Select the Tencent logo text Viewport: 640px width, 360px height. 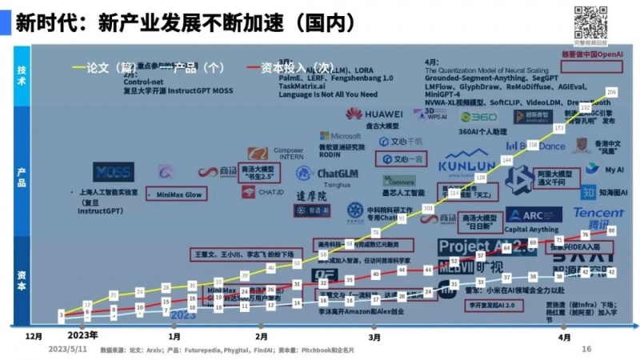(x=598, y=214)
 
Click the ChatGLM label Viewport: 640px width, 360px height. (x=337, y=173)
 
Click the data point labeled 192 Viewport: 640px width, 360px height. (x=585, y=107)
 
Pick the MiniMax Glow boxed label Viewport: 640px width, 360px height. (x=178, y=194)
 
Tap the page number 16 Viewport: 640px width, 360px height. (x=586, y=349)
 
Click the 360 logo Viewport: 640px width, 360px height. (x=478, y=117)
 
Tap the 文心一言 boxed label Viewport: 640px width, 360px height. (x=400, y=158)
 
